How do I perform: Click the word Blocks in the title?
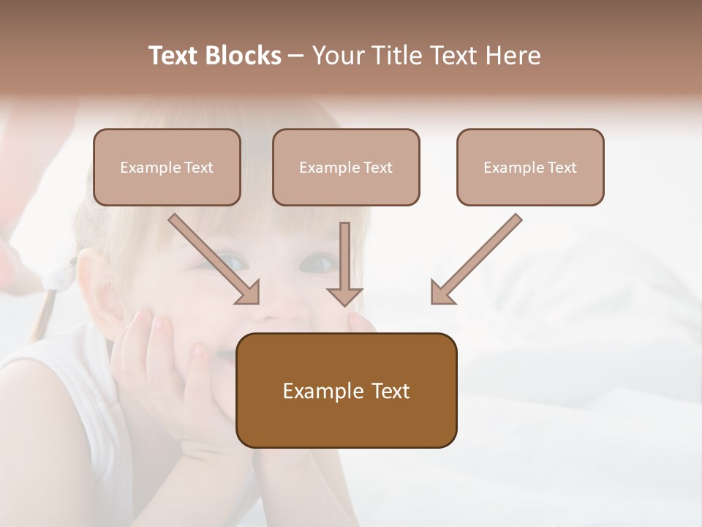[x=244, y=56]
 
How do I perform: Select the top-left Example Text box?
[x=167, y=167]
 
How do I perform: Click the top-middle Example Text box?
[x=346, y=167]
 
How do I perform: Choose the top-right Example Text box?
[x=530, y=167]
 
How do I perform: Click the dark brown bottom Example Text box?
[x=347, y=391]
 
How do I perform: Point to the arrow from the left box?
[x=214, y=259]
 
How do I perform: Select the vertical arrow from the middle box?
[x=344, y=263]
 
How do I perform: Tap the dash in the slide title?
[x=296, y=56]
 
